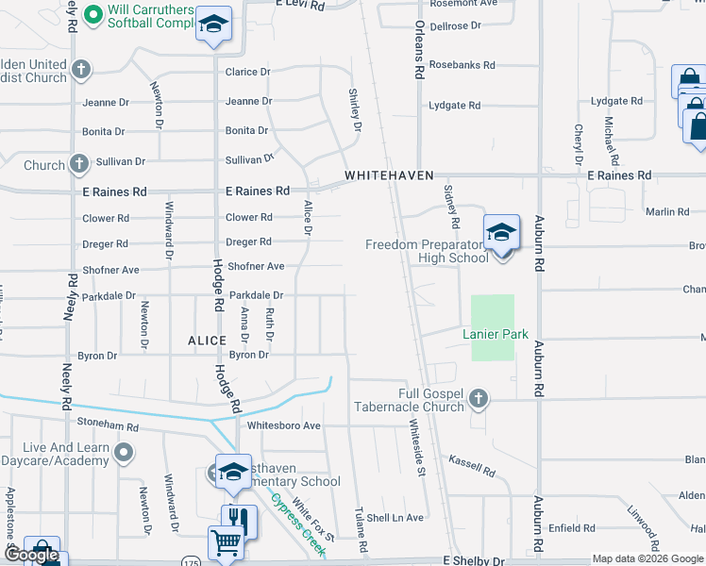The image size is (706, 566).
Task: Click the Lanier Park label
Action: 496,335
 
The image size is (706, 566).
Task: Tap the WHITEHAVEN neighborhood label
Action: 389,176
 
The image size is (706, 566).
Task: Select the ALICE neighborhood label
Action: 207,341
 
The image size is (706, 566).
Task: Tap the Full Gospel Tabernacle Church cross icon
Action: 479,398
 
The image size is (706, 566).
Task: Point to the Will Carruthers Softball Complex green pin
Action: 92,14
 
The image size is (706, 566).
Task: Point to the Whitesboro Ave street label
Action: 284,425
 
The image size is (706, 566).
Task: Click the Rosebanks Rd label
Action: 462,65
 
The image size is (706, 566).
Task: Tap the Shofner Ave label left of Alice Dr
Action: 256,267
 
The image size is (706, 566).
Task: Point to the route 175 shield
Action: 192,546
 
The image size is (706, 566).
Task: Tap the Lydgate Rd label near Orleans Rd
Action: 455,106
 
